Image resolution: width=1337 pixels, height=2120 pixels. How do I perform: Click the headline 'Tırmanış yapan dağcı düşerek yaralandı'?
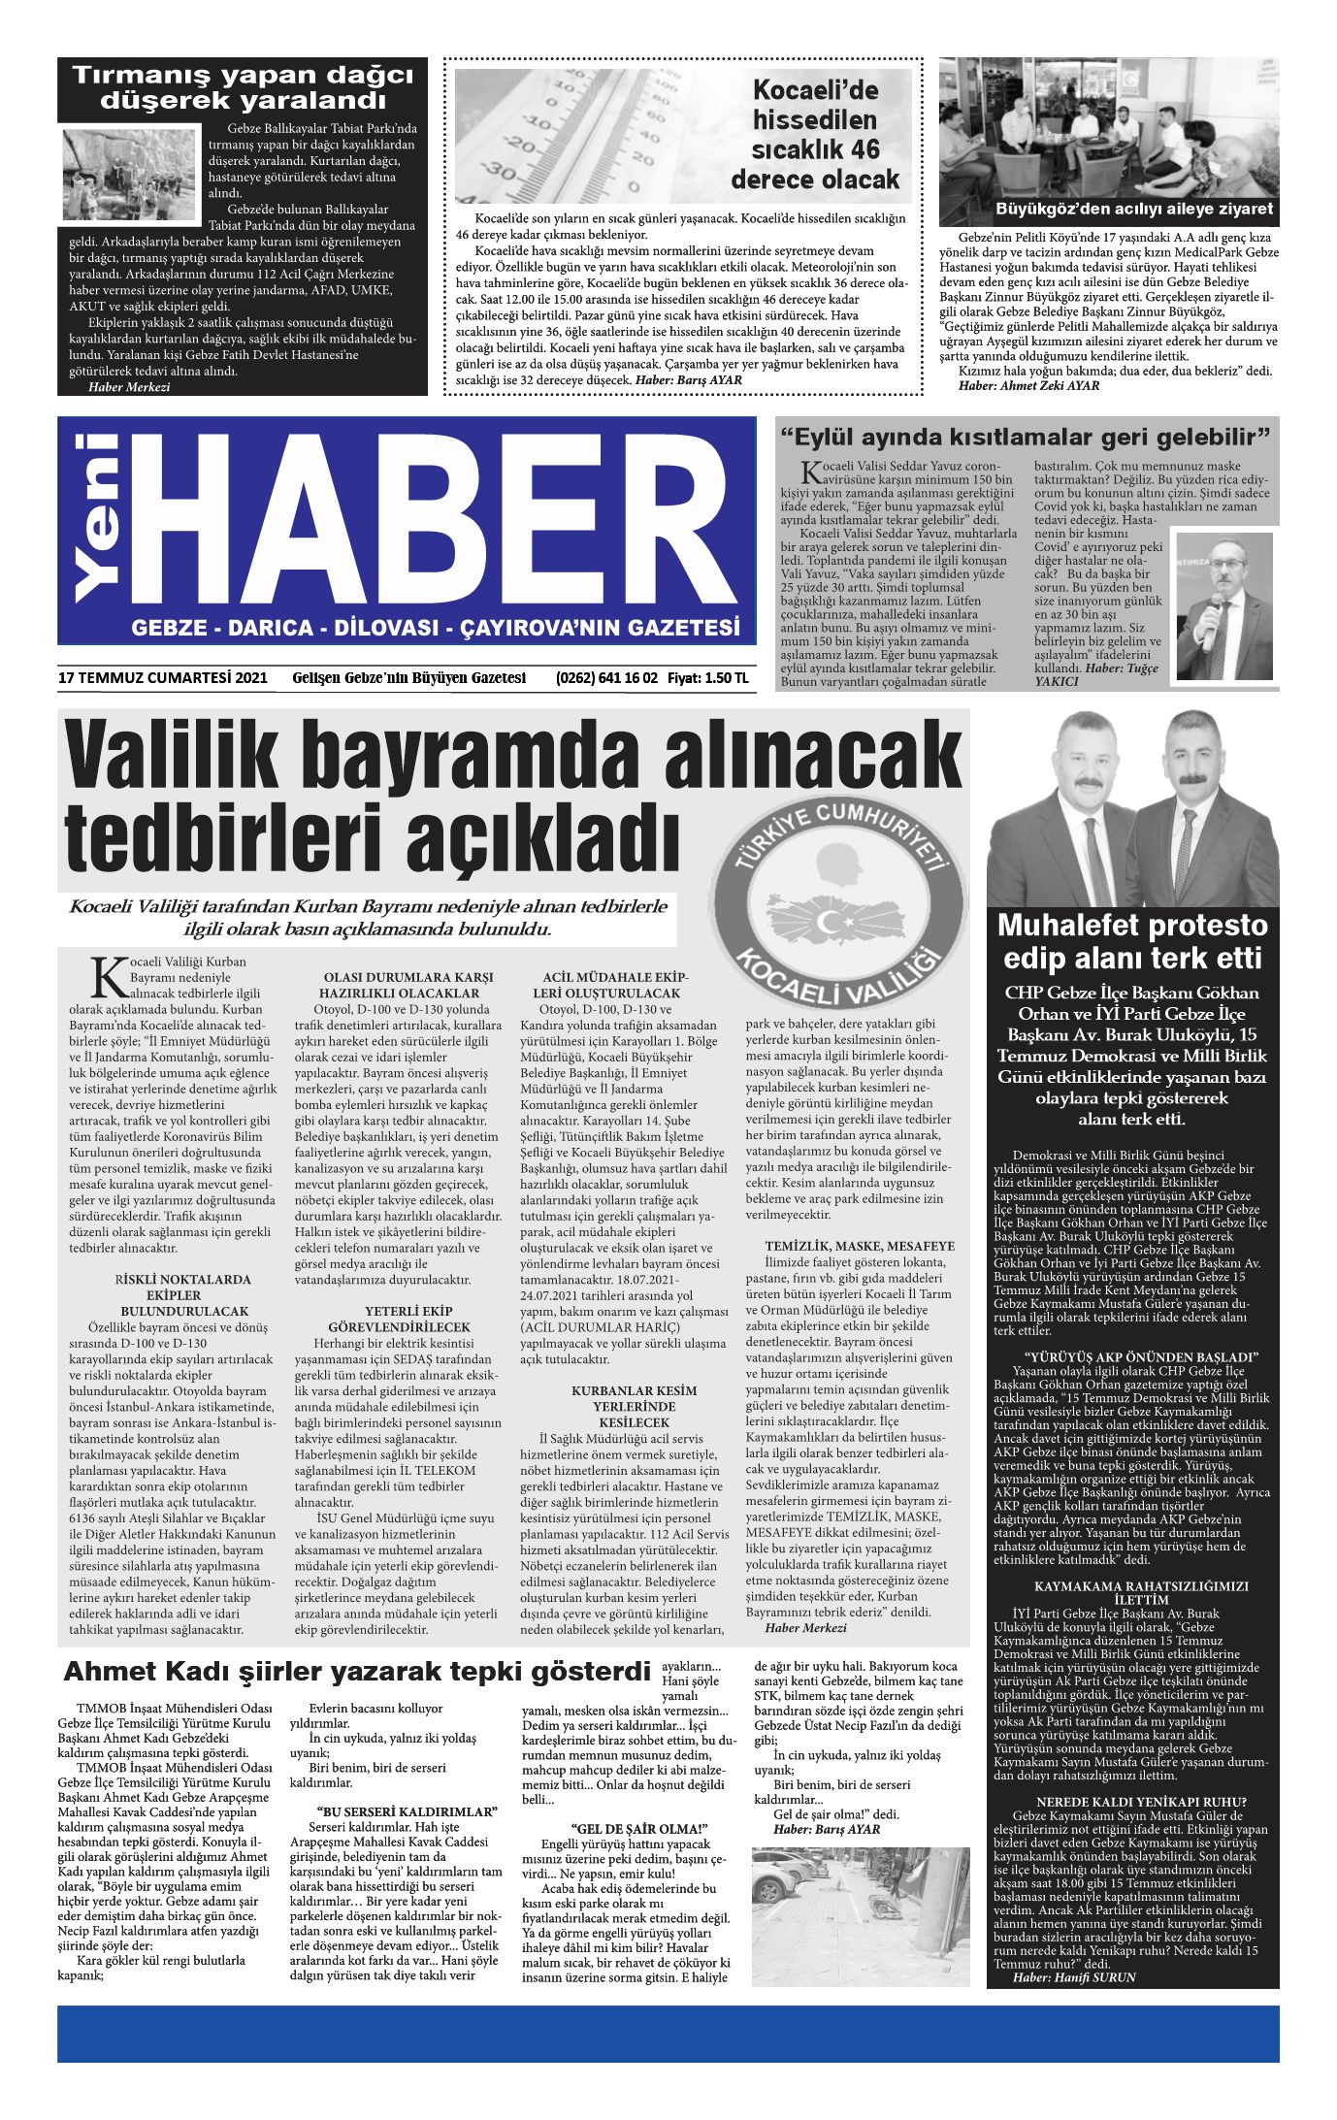(243, 87)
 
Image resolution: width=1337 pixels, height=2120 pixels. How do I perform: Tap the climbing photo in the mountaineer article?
(130, 174)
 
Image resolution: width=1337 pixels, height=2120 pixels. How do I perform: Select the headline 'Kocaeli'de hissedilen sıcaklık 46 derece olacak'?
(815, 135)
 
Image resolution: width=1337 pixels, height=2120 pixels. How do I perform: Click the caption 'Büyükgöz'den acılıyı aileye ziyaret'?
(1133, 210)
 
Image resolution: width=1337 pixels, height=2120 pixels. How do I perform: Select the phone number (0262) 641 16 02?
(606, 678)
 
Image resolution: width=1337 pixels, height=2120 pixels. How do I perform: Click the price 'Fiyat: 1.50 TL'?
(707, 678)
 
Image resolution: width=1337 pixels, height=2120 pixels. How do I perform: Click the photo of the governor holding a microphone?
(1223, 604)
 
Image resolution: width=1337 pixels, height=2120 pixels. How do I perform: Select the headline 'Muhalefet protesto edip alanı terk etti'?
(1132, 941)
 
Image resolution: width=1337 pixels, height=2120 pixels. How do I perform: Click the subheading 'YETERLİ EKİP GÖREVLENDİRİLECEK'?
(399, 1320)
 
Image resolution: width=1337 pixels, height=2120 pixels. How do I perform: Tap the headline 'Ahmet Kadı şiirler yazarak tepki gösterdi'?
(357, 1672)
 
